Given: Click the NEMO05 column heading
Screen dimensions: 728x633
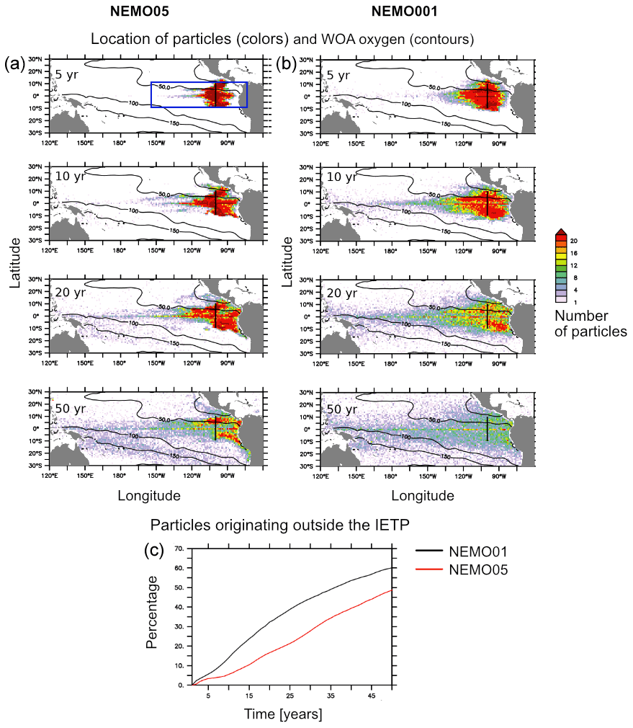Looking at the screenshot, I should point(141,11).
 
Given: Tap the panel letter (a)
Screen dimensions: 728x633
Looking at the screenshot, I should point(16,64).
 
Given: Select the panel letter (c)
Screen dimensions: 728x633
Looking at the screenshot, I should point(153,550).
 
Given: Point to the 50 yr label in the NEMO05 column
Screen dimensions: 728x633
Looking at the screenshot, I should point(71,409).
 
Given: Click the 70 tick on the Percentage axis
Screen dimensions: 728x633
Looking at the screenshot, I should point(179,549).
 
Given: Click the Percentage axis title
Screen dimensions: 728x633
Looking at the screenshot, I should point(152,617).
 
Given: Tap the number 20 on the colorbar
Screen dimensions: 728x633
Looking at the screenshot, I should point(574,240).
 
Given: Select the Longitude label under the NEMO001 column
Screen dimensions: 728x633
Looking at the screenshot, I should point(423,496).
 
